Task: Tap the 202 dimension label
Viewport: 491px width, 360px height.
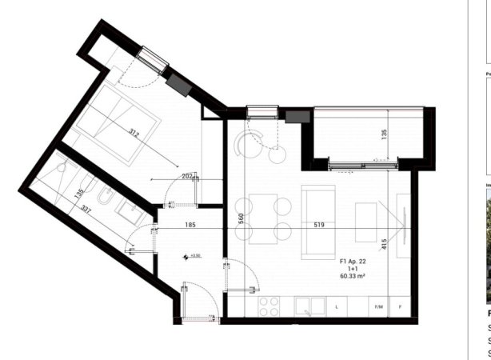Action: (187, 176)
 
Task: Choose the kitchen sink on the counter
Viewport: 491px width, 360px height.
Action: (309, 306)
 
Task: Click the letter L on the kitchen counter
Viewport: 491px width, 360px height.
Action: (337, 306)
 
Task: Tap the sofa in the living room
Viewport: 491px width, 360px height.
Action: (317, 219)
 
